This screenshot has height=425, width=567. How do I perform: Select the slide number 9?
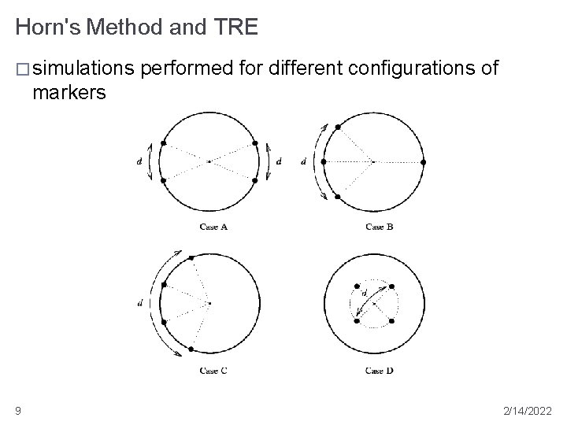tap(18, 410)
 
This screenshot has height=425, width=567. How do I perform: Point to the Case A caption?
tap(213, 227)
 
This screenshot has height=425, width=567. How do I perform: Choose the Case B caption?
tap(380, 227)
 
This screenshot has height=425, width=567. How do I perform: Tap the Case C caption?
tap(213, 370)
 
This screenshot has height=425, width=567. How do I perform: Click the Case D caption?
tap(380, 370)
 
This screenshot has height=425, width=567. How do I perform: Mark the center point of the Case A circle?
tap(209, 161)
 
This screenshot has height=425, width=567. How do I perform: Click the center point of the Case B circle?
tap(372, 161)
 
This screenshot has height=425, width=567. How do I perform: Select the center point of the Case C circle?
tap(209, 303)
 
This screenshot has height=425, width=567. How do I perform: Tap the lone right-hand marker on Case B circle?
tap(424, 162)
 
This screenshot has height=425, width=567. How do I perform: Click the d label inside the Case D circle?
tap(364, 293)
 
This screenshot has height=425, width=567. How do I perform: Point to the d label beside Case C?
tap(139, 304)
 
